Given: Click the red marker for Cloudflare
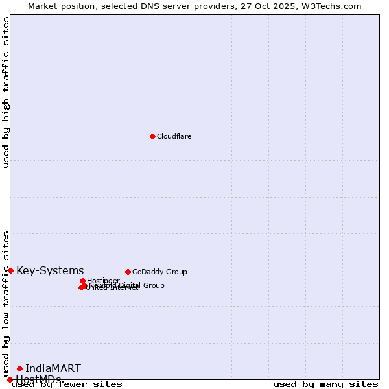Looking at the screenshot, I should coord(152,136).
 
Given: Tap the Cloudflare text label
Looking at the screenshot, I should coord(174,136).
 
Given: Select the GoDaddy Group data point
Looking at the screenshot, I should coord(128,272).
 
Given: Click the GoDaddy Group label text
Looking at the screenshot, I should coord(159,272).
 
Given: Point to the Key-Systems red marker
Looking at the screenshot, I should coord(10,270).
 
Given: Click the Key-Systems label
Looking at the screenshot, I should coord(50,270).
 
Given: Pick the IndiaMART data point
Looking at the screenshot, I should coord(19,368).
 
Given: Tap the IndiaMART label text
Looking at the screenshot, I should coord(53,368).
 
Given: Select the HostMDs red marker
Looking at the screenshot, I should coord(10,379).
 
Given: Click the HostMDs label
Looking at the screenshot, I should coord(38,379).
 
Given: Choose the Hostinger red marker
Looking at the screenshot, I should coord(82,281).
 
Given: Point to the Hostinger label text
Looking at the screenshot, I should coord(103,281).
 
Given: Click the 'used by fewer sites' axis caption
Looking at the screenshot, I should coord(67,384).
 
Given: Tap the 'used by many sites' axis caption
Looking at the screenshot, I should coord(325,384).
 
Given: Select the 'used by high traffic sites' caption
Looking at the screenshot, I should coord(6,92).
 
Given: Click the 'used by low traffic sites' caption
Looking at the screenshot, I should coord(6,303).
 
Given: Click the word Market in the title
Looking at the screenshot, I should coord(43,6).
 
